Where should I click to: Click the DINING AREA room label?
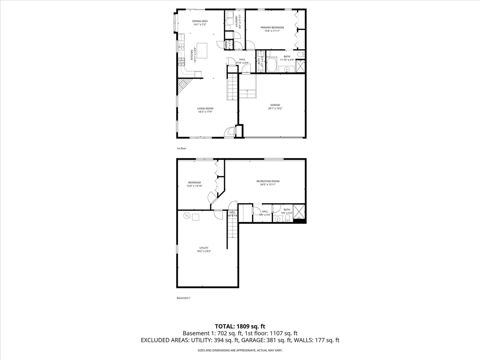[200, 21]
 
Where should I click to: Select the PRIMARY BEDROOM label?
[272, 27]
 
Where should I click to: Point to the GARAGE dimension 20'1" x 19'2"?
[275, 108]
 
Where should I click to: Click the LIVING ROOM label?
[205, 108]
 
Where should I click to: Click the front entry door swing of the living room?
[229, 132]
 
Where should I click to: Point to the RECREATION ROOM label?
[268, 181]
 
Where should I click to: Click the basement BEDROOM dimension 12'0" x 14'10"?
[194, 186]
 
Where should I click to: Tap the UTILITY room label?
[204, 248]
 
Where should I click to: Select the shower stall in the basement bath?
[299, 212]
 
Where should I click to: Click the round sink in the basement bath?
[278, 219]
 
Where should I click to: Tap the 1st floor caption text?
[181, 148]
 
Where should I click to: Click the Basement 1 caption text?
[184, 298]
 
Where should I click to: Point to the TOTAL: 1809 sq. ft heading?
[240, 326]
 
